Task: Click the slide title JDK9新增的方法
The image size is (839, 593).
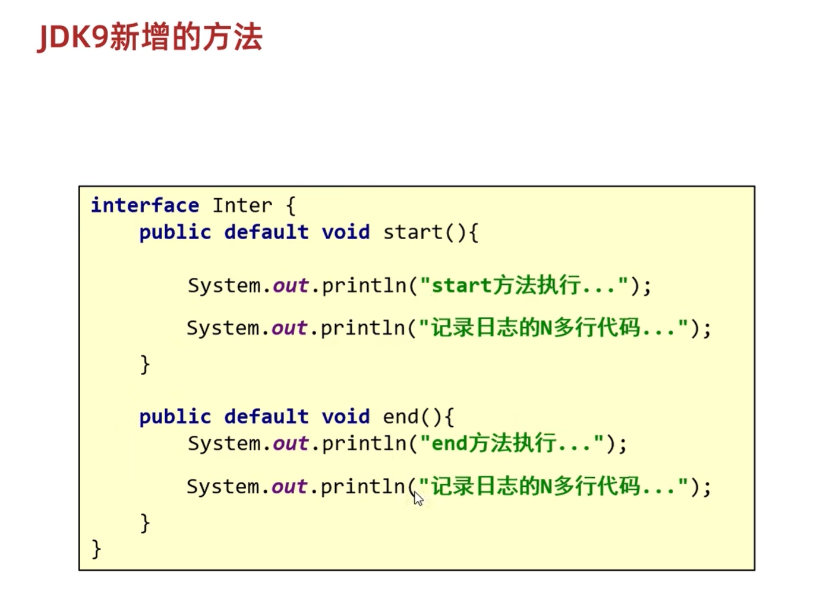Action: click(150, 37)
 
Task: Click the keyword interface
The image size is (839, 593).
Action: click(144, 205)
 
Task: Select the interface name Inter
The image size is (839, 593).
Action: click(242, 205)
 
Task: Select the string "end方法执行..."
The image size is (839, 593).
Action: click(512, 443)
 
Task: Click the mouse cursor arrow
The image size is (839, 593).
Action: click(418, 498)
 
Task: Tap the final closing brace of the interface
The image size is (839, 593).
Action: click(96, 548)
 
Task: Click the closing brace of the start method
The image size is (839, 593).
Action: click(144, 363)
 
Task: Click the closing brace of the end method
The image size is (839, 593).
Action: click(144, 522)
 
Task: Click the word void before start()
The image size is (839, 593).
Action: click(345, 232)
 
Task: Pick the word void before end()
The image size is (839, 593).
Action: click(345, 417)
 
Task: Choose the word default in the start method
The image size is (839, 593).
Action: click(266, 232)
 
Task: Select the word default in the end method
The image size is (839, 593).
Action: click(266, 417)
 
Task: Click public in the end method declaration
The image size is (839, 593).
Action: click(175, 417)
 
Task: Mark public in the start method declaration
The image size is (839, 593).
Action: click(175, 232)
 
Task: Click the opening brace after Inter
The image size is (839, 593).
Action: click(291, 206)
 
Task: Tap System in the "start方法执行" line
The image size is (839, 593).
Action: click(224, 286)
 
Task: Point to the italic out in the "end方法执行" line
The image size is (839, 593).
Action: click(290, 443)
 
